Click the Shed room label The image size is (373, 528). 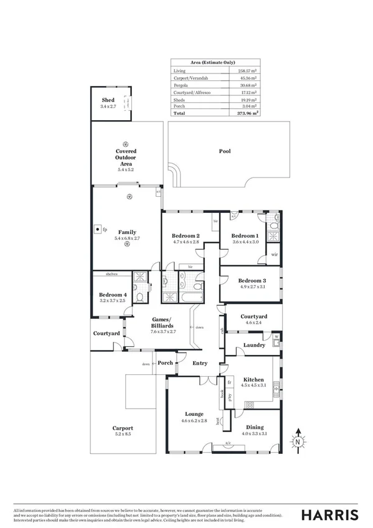pyautogui.click(x=108, y=100)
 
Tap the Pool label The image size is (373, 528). pyautogui.click(x=224, y=151)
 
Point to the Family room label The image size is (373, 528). pyautogui.click(x=126, y=232)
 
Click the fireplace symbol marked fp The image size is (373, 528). pyautogui.click(x=98, y=229)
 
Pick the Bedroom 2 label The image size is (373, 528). pyautogui.click(x=186, y=236)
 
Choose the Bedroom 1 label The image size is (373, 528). pyautogui.click(x=245, y=236)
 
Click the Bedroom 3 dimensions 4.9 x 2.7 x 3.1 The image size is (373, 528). pyautogui.click(x=252, y=287)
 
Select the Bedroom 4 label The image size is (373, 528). pyautogui.click(x=113, y=295)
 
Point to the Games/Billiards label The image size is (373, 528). pyautogui.click(x=163, y=323)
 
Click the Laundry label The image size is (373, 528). pyautogui.click(x=254, y=345)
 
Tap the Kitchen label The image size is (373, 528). pyautogui.click(x=253, y=379)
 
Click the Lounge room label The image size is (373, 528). pyautogui.click(x=194, y=413)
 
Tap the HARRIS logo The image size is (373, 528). pyautogui.click(x=329, y=514)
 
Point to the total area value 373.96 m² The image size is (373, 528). pyautogui.click(x=247, y=114)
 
